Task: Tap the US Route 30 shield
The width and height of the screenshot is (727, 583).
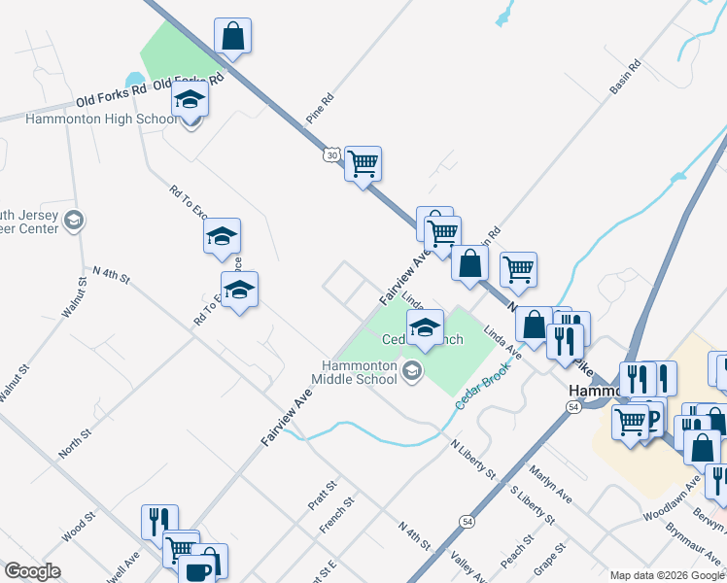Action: click(332, 155)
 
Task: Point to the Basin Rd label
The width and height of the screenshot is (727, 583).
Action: click(626, 79)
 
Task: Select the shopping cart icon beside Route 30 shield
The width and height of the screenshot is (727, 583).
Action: click(363, 163)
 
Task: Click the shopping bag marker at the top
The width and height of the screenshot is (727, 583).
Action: click(233, 35)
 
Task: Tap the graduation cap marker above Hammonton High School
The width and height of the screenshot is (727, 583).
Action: click(190, 99)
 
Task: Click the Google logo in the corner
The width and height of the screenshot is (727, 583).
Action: click(32, 571)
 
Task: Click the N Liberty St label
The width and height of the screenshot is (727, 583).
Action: click(473, 459)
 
